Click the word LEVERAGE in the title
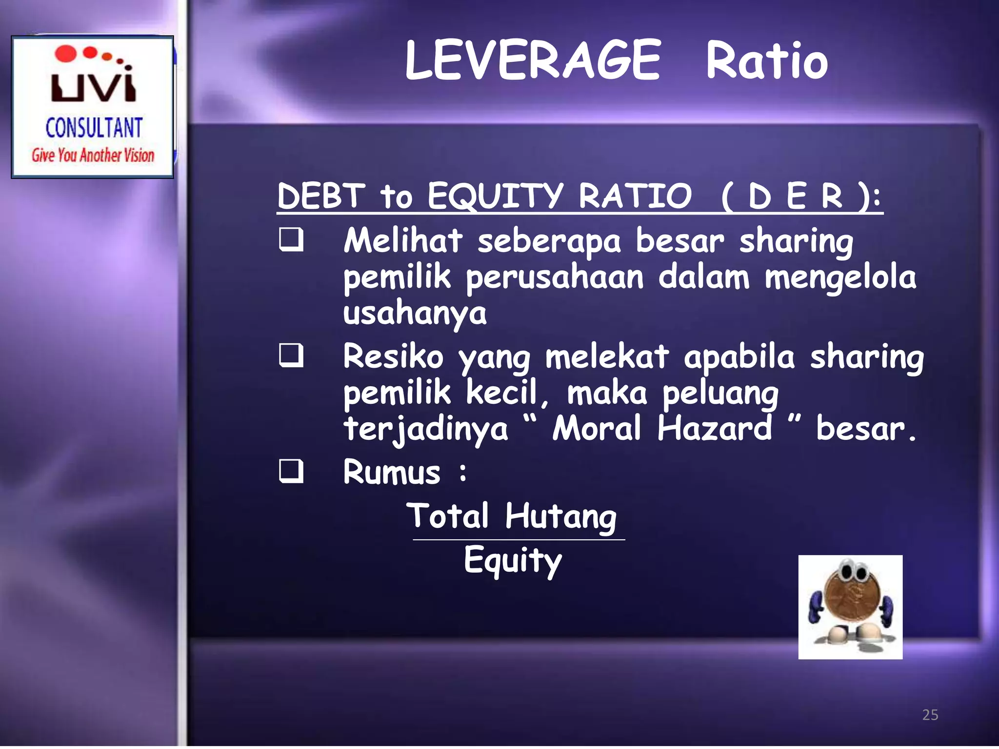[x=533, y=60]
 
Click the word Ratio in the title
[x=767, y=61]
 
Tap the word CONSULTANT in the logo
[x=94, y=128]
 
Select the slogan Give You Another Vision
[x=93, y=155]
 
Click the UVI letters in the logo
[x=93, y=85]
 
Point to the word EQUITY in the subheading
[x=495, y=196]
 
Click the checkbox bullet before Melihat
[x=291, y=240]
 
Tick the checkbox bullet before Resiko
[x=291, y=355]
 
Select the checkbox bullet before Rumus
[x=291, y=471]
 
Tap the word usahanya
[x=415, y=313]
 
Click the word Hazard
[x=714, y=428]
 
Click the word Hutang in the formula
[x=560, y=517]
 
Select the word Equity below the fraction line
[x=513, y=560]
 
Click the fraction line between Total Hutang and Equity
[x=519, y=540]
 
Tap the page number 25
[x=930, y=715]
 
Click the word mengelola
[x=840, y=277]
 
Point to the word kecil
[x=501, y=392]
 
